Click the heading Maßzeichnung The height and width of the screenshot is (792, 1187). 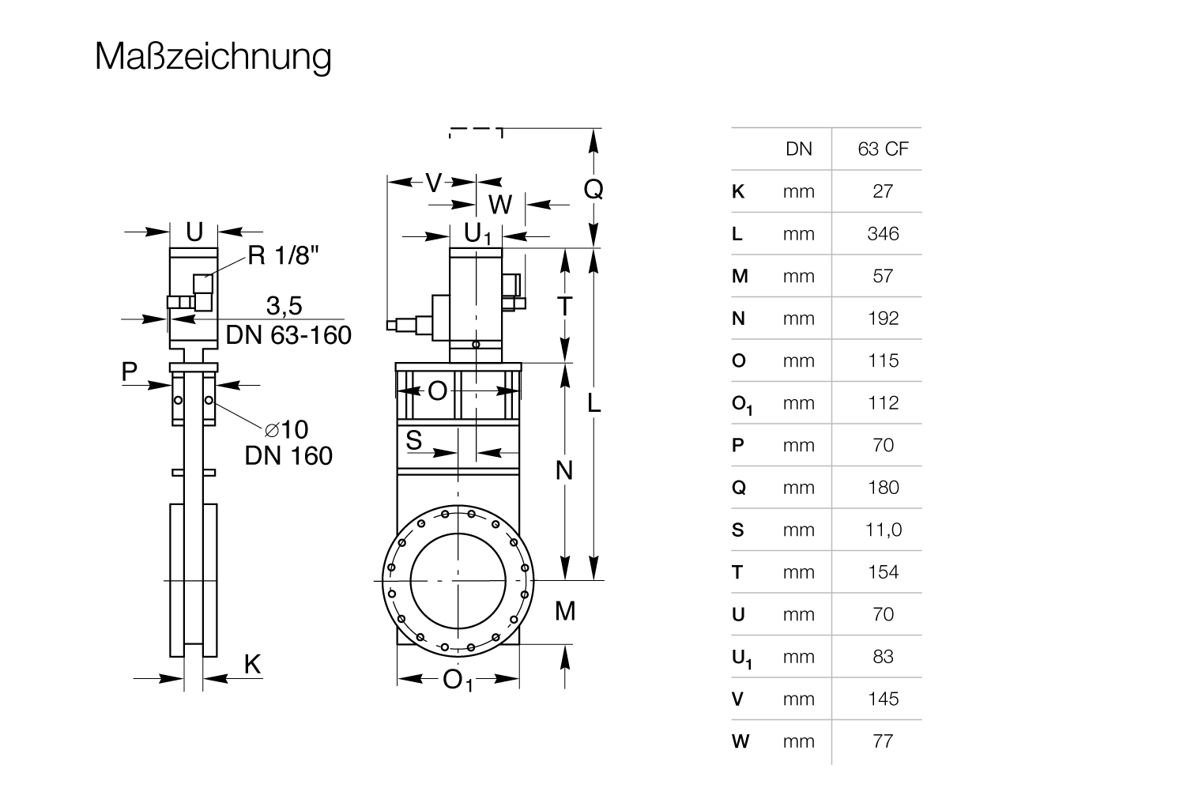click(x=213, y=57)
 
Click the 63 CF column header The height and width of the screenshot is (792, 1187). click(x=883, y=149)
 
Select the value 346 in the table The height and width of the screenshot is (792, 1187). click(x=883, y=233)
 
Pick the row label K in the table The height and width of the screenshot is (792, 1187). click(x=738, y=191)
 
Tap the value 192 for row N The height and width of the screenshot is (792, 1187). click(x=883, y=318)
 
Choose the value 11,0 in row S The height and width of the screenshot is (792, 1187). click(x=883, y=530)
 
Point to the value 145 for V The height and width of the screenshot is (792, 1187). click(x=883, y=699)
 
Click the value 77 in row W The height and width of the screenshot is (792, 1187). click(x=883, y=741)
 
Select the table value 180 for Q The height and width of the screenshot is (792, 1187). click(x=883, y=487)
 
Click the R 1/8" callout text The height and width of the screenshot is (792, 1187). click(x=284, y=255)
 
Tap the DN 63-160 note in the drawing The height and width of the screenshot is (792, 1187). click(x=288, y=335)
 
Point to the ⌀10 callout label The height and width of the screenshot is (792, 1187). click(x=286, y=429)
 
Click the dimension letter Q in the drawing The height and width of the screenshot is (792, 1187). click(x=593, y=189)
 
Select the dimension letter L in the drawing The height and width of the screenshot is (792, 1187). click(x=594, y=404)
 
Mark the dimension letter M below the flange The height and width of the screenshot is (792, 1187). click(x=565, y=611)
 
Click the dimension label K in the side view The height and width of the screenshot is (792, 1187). click(x=251, y=664)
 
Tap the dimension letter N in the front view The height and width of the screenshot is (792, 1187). click(x=563, y=470)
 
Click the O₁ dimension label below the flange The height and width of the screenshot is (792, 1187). click(x=458, y=680)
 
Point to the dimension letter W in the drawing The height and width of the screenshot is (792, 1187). click(x=500, y=205)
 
